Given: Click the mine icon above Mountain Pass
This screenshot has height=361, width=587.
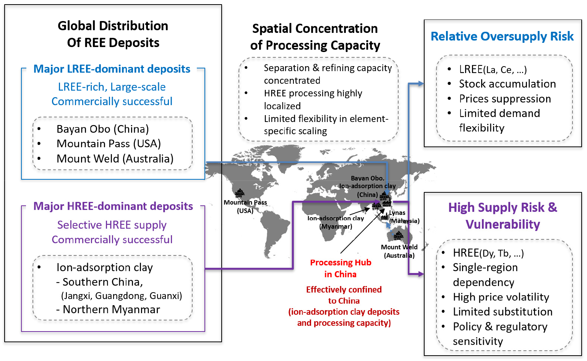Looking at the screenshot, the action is click(x=240, y=194).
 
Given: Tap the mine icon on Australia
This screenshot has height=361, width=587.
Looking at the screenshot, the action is click(x=398, y=236).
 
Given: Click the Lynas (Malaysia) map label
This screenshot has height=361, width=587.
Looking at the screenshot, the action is click(x=404, y=217).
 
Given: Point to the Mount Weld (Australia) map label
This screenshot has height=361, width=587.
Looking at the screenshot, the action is click(x=399, y=251).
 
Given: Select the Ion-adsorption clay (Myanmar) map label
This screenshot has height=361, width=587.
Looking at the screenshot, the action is click(x=336, y=222).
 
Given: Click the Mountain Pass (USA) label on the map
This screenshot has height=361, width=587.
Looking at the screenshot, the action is click(x=245, y=207).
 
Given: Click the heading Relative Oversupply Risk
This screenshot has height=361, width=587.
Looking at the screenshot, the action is click(x=502, y=36).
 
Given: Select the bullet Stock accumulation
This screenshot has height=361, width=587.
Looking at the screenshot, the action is click(x=508, y=84).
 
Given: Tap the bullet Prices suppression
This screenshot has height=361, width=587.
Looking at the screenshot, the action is click(x=505, y=99).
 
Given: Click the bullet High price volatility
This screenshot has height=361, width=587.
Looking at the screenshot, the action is click(x=501, y=297).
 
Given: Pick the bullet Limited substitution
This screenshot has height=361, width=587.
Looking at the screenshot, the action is click(x=503, y=312).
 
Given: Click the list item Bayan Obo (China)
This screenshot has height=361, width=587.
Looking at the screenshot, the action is click(x=103, y=129).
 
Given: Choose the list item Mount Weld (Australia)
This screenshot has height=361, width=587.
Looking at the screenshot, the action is click(x=115, y=159).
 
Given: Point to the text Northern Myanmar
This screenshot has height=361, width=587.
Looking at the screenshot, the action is click(x=111, y=309).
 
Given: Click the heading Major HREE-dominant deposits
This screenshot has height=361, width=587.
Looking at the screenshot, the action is click(x=113, y=207).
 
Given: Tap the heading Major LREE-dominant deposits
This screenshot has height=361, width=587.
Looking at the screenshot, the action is click(x=112, y=69).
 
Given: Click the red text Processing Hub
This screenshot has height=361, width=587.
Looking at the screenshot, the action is click(x=341, y=262).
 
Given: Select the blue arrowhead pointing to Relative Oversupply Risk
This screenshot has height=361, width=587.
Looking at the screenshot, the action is click(x=421, y=84).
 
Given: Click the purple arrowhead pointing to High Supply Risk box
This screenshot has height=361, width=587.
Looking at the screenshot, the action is click(x=421, y=274).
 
